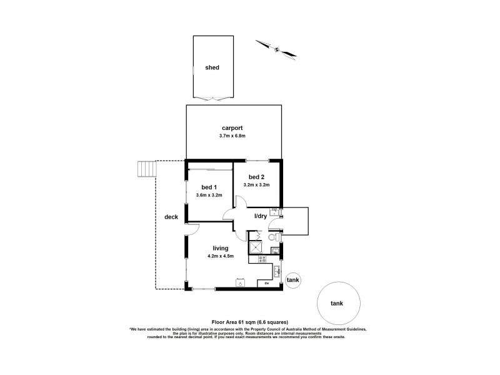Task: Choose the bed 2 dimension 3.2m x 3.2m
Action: coord(257,184)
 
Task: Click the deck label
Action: coord(171,217)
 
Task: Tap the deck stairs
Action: coord(146,169)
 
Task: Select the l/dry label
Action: coord(261,216)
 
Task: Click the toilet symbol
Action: coord(272,239)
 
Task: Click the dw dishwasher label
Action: coord(267,283)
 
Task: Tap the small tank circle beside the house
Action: coord(292,281)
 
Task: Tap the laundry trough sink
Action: coord(274,211)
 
